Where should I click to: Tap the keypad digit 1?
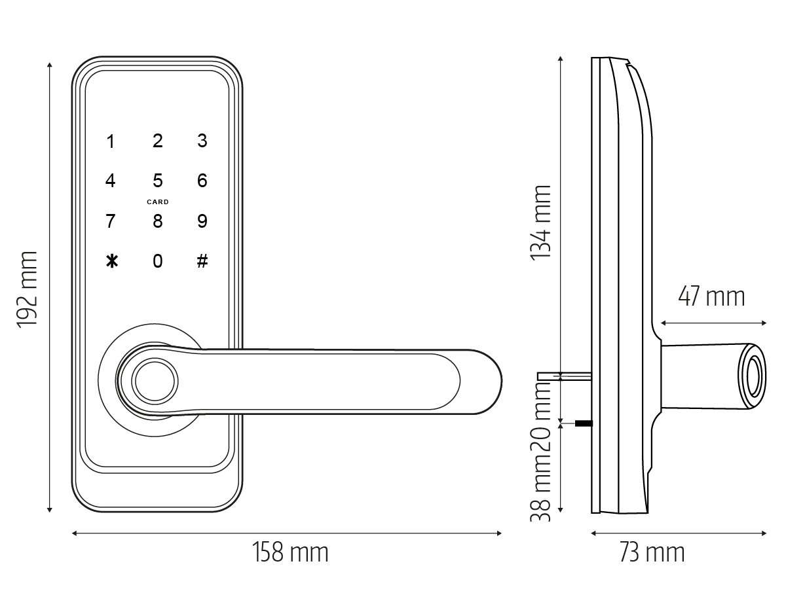[111, 141]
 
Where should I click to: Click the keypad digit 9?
[202, 221]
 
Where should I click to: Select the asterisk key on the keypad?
[112, 261]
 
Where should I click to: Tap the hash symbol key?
[202, 261]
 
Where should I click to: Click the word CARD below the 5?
[158, 202]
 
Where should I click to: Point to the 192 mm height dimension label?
[28, 289]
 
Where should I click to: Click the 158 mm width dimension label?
[290, 552]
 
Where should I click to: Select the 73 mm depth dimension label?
[652, 552]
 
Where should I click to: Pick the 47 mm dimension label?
[711, 296]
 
